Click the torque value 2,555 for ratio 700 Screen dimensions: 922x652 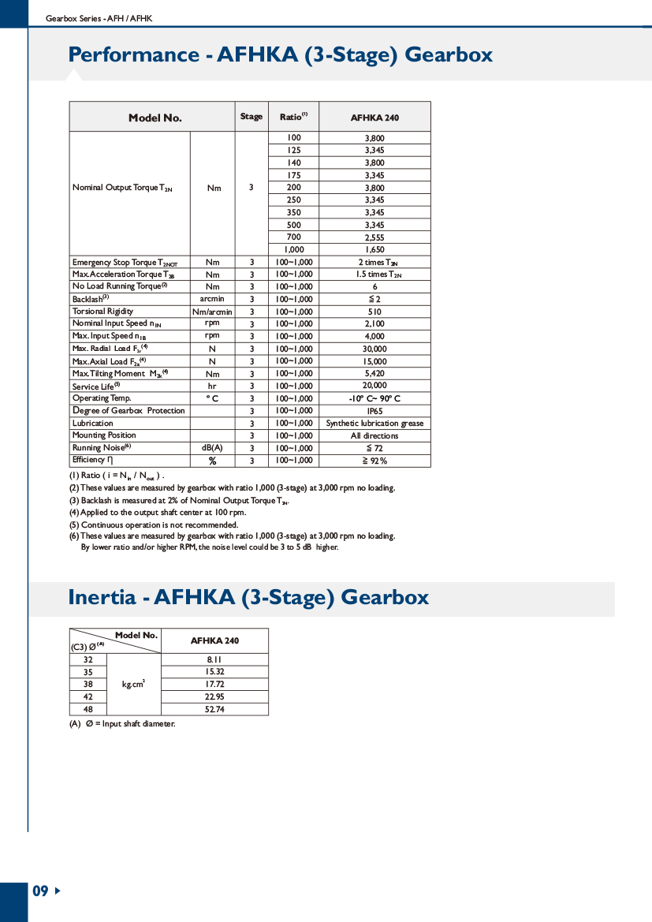374,237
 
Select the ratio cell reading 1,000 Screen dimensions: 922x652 293,250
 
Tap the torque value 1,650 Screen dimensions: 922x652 374,250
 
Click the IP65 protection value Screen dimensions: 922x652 374,411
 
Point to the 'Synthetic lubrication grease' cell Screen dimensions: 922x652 374,424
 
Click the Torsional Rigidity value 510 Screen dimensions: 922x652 374,312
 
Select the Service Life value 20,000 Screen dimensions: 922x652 374,386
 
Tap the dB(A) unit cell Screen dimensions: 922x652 212,448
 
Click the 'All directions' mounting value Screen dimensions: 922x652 374,436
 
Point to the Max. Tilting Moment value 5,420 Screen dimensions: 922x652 374,374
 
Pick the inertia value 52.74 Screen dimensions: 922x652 214,710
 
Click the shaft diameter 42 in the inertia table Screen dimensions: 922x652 88,697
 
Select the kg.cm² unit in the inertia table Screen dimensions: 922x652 133,685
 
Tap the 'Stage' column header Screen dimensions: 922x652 251,117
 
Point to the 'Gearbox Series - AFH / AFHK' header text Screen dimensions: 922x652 99,17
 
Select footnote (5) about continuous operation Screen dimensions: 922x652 154,524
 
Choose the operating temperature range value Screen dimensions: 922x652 374,399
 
